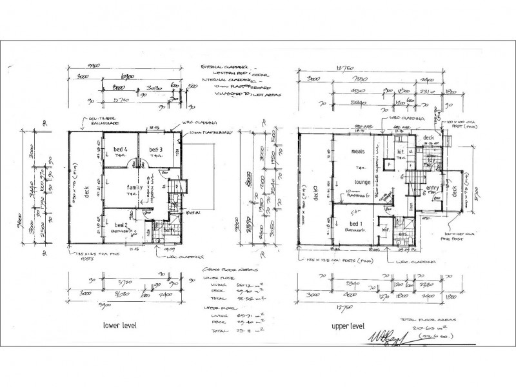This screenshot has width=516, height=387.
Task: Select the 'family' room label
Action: point(135,187)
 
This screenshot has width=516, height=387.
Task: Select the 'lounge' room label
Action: point(362,183)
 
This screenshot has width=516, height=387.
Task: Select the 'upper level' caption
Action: point(350,327)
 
